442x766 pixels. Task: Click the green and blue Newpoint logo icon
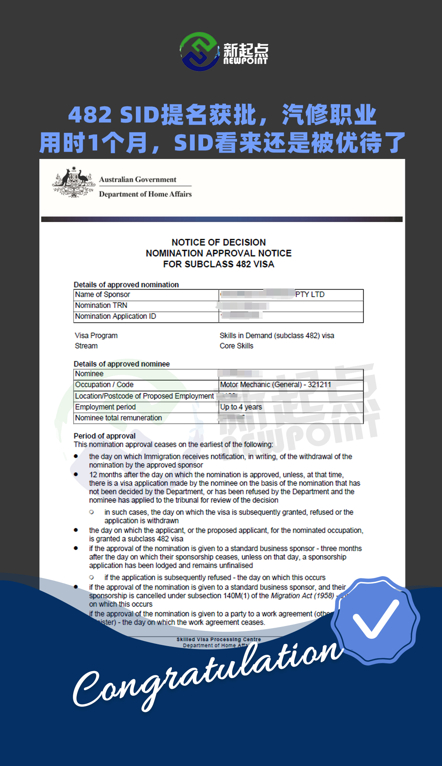coord(200,52)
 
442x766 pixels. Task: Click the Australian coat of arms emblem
coord(74,182)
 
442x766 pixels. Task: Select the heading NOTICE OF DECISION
coord(219,242)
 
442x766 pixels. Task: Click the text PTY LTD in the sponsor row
coord(310,295)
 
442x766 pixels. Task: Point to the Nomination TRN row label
coord(101,305)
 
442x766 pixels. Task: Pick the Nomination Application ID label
coord(116,316)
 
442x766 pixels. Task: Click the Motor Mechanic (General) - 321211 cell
coord(276,385)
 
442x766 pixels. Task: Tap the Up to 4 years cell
coord(241,407)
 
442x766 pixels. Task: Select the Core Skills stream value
coord(237,346)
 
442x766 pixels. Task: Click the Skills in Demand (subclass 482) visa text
coord(277,336)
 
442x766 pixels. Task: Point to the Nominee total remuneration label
coord(119,418)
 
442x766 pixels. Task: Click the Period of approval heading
coord(105,436)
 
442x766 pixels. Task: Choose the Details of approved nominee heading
coord(122,364)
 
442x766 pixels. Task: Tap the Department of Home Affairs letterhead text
coord(145,194)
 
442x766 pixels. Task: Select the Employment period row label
coord(106,407)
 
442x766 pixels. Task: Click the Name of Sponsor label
coord(103,295)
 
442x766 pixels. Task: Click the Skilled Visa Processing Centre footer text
coord(219,639)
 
